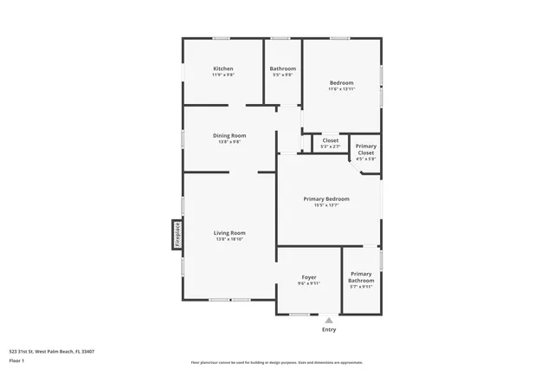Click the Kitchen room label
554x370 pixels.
[x=223, y=68]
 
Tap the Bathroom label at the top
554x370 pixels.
[x=283, y=68]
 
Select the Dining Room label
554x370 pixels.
[x=230, y=135]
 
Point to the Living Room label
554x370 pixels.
[x=230, y=232]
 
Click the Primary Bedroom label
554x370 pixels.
[x=326, y=198]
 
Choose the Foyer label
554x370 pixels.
[x=309, y=277]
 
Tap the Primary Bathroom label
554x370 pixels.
[x=361, y=277]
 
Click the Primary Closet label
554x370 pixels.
[x=365, y=149]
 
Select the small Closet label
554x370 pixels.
[x=331, y=140]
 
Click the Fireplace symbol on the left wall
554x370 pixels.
[x=177, y=234]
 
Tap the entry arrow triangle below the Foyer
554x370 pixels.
[x=329, y=320]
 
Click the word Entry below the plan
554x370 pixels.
[x=329, y=329]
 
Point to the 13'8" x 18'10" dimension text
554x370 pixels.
[x=230, y=239]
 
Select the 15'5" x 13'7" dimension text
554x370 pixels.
[x=326, y=205]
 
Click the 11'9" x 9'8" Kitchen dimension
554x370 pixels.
[x=223, y=75]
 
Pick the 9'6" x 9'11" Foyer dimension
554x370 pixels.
[x=309, y=283]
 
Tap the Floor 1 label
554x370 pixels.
[x=16, y=360]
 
